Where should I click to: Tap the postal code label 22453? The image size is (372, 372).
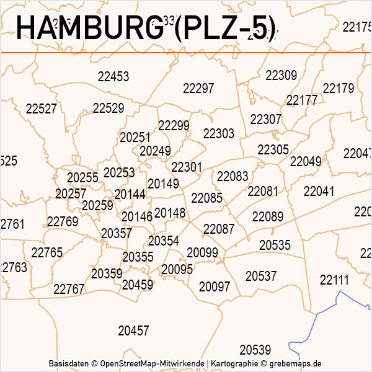[113, 77]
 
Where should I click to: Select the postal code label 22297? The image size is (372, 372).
[198, 89]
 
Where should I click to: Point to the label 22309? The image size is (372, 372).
[281, 76]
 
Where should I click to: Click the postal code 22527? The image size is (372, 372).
[42, 109]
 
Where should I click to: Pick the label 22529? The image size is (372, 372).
[108, 108]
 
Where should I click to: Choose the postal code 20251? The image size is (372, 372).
[135, 137]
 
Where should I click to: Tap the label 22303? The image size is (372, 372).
[219, 134]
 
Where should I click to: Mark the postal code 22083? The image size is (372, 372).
[232, 177]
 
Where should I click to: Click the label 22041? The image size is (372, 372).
[319, 191]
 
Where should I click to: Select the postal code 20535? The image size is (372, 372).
[275, 246]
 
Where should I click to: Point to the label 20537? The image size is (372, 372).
[261, 276]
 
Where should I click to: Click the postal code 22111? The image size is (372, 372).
[335, 280]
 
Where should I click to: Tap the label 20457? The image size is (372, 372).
[133, 331]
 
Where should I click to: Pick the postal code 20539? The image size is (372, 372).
[255, 350]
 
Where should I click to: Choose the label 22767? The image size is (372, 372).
[69, 289]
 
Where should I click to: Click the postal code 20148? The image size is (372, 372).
[170, 213]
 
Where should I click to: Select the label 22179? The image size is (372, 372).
[339, 88]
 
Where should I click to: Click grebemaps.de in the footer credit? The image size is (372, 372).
[300, 363]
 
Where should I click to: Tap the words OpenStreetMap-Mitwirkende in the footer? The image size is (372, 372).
[153, 363]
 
